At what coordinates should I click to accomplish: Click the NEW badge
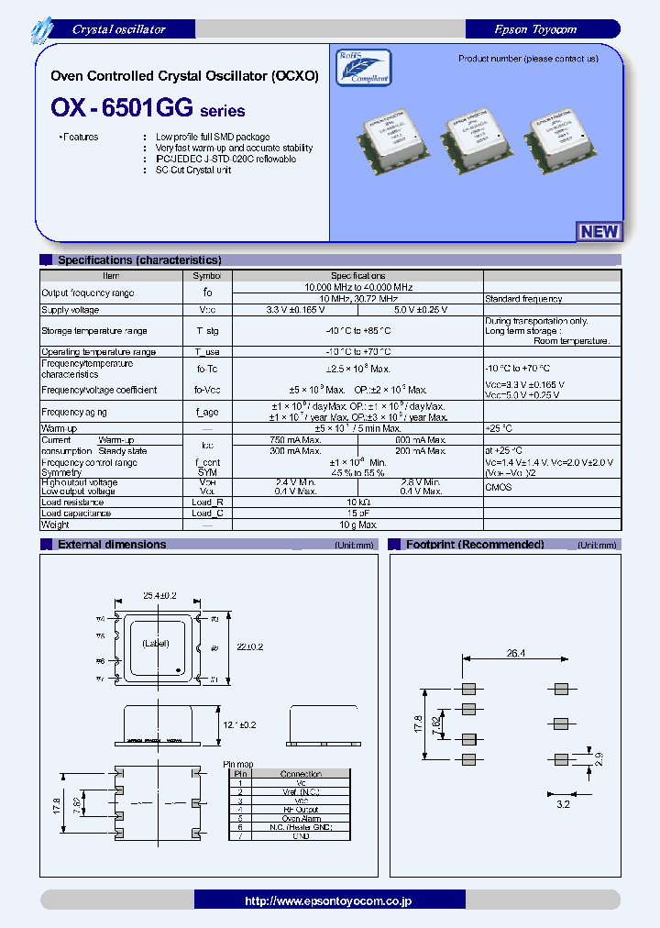[x=599, y=232]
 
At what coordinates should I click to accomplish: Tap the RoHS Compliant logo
[x=363, y=67]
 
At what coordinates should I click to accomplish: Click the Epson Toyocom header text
[x=548, y=29]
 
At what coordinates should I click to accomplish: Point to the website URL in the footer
[x=327, y=900]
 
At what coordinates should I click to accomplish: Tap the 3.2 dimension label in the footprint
[x=563, y=803]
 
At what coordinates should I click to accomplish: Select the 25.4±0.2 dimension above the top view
[x=159, y=595]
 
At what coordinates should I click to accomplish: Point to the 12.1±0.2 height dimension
[x=241, y=724]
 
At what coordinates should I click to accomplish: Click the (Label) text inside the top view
[x=157, y=645]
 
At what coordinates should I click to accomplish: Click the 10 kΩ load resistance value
[x=357, y=503]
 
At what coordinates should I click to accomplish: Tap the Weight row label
[x=55, y=525]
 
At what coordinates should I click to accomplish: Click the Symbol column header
[x=207, y=275]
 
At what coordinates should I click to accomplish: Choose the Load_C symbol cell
[x=207, y=514]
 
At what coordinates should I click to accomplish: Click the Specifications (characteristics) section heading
[x=139, y=260]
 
